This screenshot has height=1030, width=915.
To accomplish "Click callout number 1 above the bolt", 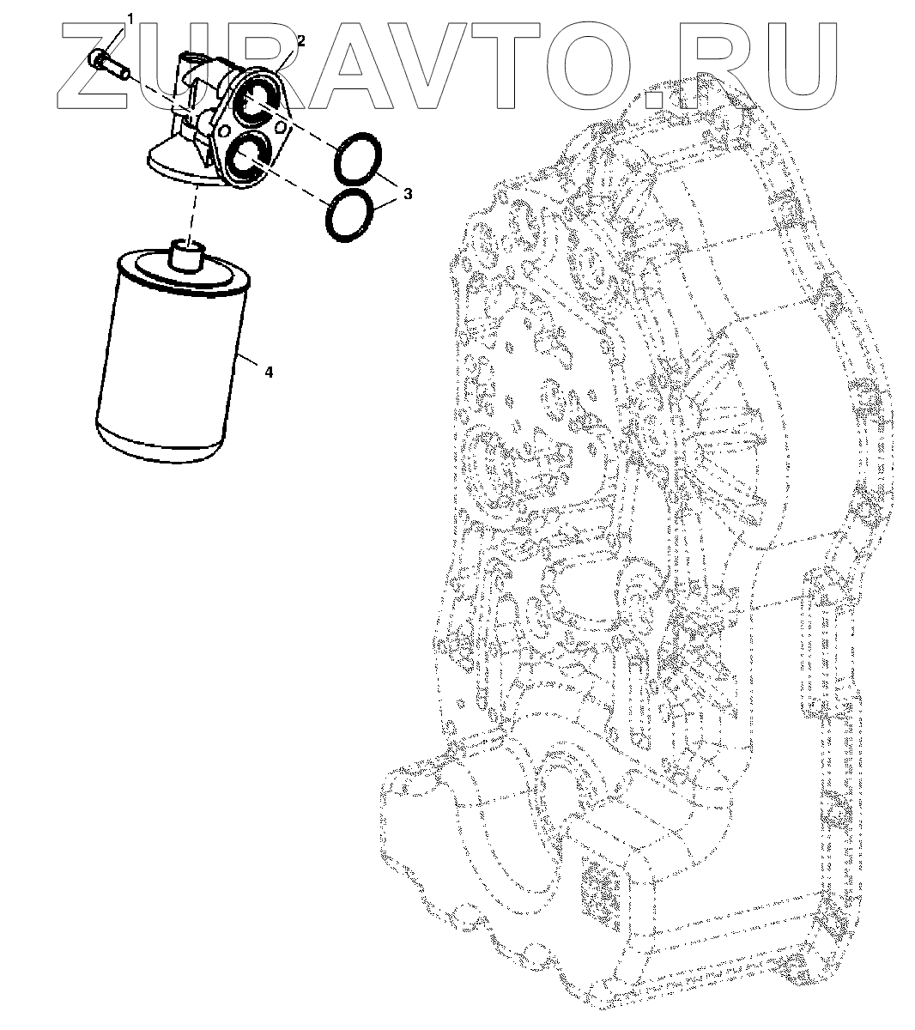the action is pos(130,20).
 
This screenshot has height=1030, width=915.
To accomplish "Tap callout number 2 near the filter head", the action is pos(301,40).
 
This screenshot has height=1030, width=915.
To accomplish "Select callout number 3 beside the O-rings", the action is pos(408,193).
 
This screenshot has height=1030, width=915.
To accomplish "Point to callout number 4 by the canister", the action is pos(269,373).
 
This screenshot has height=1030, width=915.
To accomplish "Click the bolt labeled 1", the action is pos(108,64).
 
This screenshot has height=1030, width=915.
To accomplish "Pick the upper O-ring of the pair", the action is pos(357,159).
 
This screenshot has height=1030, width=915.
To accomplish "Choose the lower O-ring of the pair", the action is pos(349,215).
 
